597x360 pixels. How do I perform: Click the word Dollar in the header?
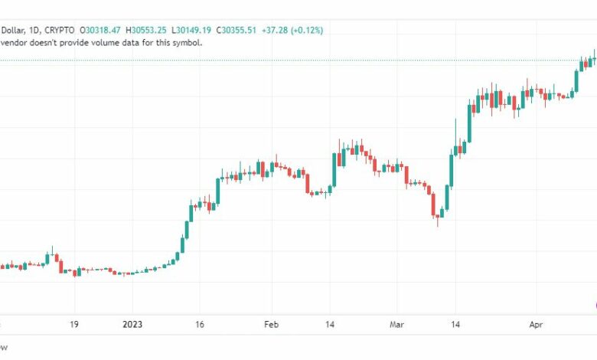click(13, 30)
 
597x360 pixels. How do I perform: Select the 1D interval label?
click(34, 30)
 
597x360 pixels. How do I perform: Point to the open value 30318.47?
click(104, 30)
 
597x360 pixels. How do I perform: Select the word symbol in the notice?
click(185, 42)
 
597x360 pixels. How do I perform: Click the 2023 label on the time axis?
click(133, 324)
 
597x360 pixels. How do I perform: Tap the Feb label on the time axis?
click(272, 324)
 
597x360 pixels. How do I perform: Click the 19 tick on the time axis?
click(73, 324)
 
